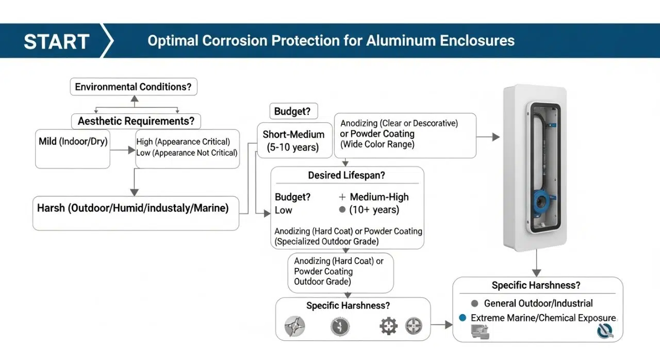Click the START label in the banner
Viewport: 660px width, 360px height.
pos(57,41)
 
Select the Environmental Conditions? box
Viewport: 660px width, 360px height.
pos(133,87)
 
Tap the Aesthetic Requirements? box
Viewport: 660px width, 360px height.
pos(136,121)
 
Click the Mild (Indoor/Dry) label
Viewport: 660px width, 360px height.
pos(73,141)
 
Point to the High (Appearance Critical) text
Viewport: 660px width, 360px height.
pos(183,141)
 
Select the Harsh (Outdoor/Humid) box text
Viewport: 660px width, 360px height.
pos(133,209)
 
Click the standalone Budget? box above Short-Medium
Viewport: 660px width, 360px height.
pos(293,111)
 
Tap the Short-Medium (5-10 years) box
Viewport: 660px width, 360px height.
pos(293,141)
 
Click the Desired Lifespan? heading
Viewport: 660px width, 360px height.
pos(346,175)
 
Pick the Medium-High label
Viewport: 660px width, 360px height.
pos(379,197)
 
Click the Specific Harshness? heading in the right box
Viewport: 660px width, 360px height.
pos(536,285)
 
